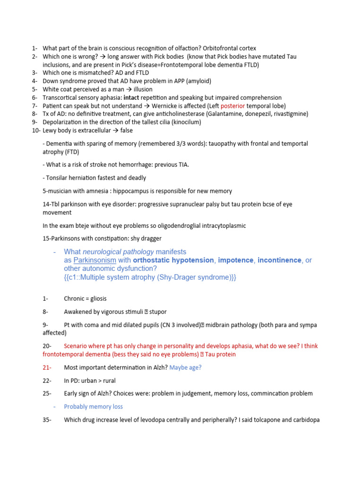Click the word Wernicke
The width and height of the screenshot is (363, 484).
click(165, 106)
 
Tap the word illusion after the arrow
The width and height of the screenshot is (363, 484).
click(143, 89)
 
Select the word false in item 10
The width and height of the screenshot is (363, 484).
click(126, 130)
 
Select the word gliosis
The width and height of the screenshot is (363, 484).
click(97, 299)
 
